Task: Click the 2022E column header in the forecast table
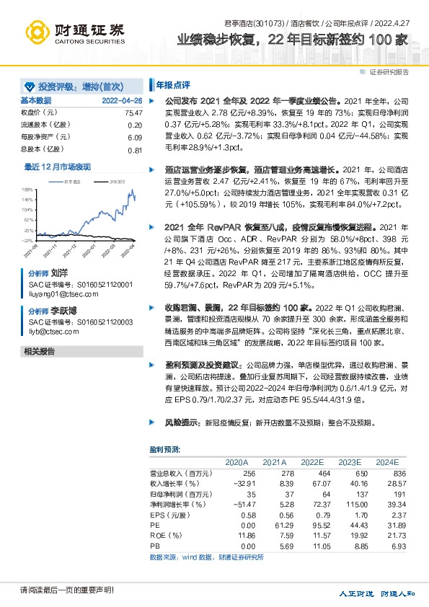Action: [x=312, y=461]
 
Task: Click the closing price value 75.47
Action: [x=133, y=113]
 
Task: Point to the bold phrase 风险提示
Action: [x=182, y=422]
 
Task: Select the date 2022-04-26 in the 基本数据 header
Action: [x=122, y=101]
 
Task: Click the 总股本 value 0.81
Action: [x=135, y=150]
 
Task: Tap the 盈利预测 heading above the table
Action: [x=164, y=449]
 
